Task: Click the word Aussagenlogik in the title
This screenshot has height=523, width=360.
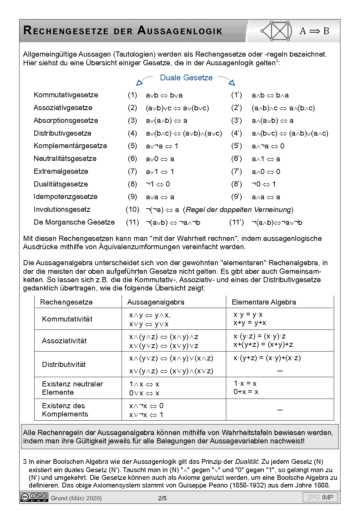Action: [x=180, y=31]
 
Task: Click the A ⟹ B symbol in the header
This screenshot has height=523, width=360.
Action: [x=314, y=31]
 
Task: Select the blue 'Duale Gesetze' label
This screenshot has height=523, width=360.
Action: [x=186, y=78]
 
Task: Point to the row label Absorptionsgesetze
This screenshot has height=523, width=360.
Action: [x=66, y=121]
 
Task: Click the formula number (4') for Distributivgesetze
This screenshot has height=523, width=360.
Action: [x=236, y=133]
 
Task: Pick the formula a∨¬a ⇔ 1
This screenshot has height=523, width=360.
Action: [x=162, y=146]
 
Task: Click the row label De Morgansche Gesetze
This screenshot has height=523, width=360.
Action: [x=74, y=222]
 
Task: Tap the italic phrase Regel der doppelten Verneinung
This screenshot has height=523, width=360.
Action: [x=238, y=210]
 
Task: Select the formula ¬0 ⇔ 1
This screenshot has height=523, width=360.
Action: [x=264, y=184]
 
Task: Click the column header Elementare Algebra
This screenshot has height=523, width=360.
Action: [x=264, y=302]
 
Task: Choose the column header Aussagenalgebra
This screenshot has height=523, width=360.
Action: [x=156, y=302]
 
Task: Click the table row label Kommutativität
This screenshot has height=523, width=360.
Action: [x=67, y=319]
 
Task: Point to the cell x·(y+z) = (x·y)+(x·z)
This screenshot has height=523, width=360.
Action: [x=267, y=358]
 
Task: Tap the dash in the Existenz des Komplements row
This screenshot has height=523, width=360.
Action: [x=280, y=410]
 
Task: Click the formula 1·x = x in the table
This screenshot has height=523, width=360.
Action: [x=245, y=383]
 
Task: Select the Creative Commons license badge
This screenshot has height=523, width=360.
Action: [x=34, y=497]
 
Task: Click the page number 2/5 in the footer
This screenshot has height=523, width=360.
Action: [x=162, y=498]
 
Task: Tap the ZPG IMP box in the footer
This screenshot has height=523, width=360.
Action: [x=320, y=497]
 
